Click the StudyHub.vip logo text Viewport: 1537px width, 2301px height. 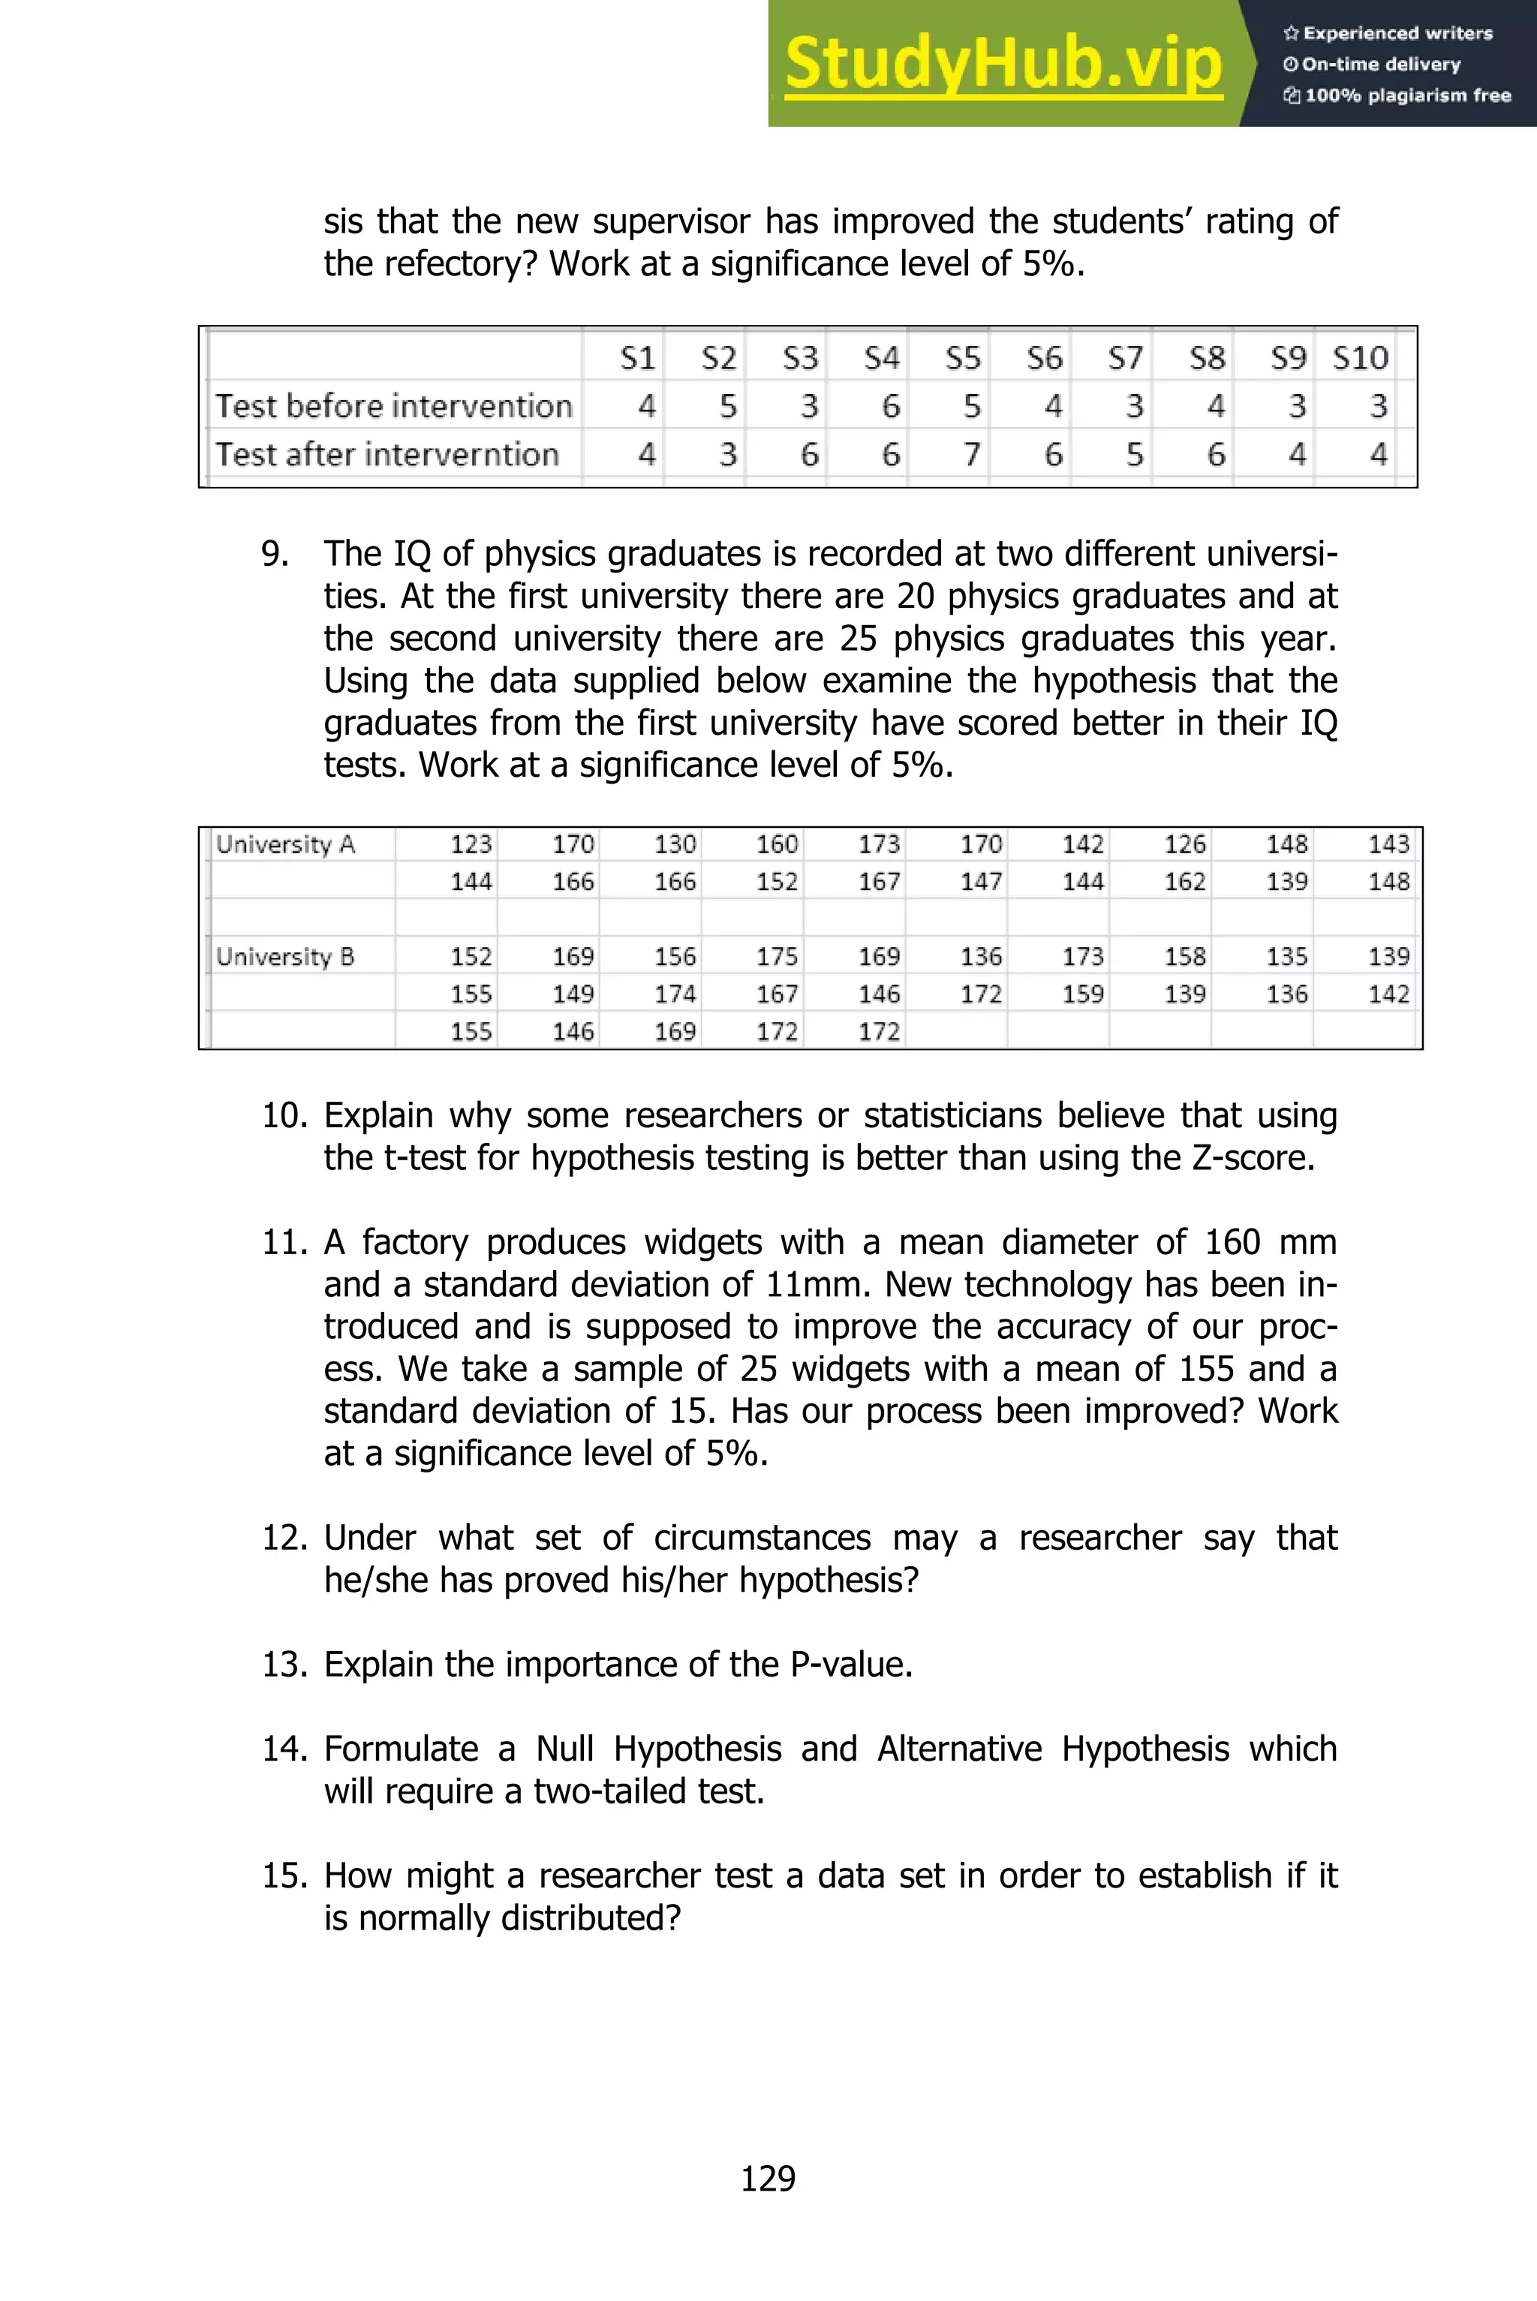[1003, 63]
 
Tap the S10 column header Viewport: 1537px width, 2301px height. [1360, 358]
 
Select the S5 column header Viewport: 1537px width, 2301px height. [963, 358]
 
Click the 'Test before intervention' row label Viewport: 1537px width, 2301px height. [393, 406]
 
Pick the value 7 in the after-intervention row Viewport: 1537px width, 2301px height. [971, 454]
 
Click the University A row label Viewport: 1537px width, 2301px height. [285, 844]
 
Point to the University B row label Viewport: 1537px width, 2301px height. [285, 955]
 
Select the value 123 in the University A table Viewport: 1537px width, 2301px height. [471, 844]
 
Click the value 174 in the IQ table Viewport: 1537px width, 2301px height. [675, 994]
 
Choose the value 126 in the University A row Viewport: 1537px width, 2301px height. [1184, 844]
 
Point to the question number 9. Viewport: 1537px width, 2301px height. [275, 554]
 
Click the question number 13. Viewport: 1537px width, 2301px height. [284, 1664]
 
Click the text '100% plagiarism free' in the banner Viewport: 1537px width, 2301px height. [1406, 95]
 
